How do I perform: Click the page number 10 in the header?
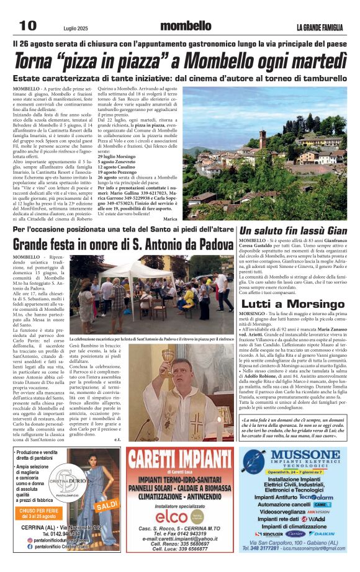(27, 25)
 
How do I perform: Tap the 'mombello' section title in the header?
(186, 26)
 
